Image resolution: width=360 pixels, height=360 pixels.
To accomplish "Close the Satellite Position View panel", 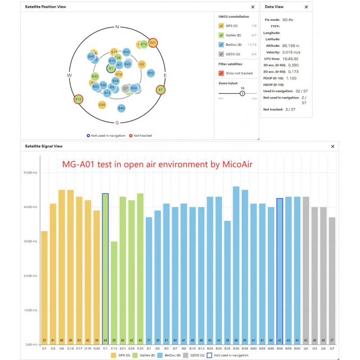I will point(252,7).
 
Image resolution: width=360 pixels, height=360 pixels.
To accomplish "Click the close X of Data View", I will point(306,7).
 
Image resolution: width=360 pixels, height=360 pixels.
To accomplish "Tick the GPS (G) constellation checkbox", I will point(221,26).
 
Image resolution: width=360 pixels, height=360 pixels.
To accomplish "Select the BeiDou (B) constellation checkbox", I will point(221,45).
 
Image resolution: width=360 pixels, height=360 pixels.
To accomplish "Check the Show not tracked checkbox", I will point(221,73).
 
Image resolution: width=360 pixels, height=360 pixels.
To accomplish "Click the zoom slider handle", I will point(242,93).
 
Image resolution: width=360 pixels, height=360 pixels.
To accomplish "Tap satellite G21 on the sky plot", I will point(153,43).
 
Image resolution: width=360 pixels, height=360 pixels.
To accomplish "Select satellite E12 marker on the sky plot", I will point(79,99).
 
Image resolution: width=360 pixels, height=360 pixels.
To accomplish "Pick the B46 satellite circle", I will point(121,108).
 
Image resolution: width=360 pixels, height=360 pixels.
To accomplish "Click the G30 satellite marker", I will point(102,104).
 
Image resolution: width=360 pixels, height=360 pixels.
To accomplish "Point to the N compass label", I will point(117,27).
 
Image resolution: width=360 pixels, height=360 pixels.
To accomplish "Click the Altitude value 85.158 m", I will point(291,45).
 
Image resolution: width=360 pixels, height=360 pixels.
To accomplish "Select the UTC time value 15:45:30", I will point(290,58).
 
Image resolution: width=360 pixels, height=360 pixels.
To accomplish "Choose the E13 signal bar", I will point(114,292).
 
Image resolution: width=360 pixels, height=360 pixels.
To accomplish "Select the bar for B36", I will point(236,265).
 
